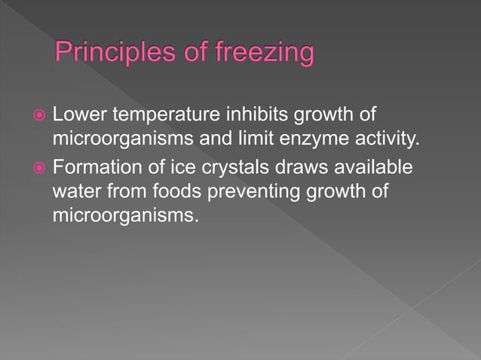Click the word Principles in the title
coord(111,53)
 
